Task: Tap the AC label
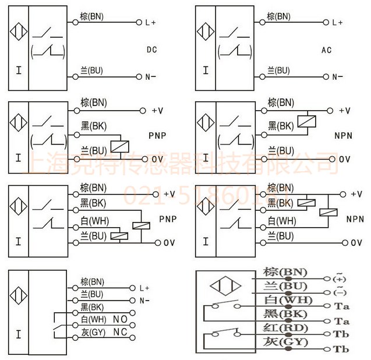coord(327,50)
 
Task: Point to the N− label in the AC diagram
coord(337,77)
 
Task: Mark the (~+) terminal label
coord(339,278)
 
